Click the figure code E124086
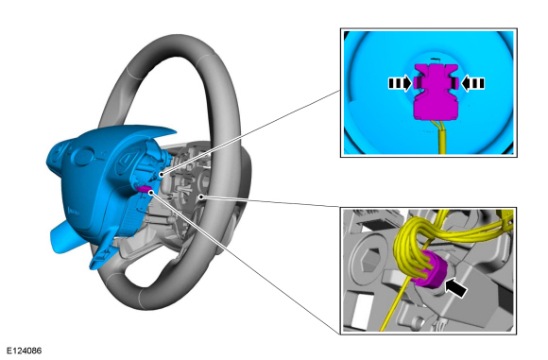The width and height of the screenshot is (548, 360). (x=25, y=351)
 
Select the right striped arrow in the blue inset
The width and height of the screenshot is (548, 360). (x=472, y=83)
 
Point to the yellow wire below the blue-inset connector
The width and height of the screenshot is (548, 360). (x=442, y=137)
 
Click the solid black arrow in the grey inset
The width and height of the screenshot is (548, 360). (x=456, y=287)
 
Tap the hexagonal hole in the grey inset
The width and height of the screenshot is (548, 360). (x=370, y=261)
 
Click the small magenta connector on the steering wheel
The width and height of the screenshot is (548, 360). (x=144, y=189)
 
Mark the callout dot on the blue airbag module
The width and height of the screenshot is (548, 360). (x=162, y=174)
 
